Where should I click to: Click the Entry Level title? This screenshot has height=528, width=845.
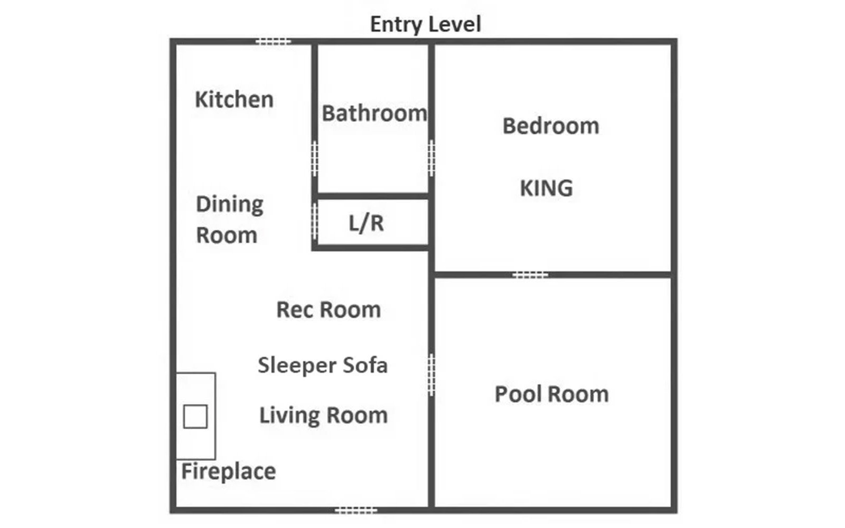426,24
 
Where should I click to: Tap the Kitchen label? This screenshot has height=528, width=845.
234,100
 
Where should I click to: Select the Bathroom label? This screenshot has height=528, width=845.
374,113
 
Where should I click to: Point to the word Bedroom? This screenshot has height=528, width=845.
551,126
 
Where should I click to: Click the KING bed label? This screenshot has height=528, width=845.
546,188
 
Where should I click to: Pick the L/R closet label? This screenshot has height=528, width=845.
367,223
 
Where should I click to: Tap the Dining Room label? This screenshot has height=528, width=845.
230,220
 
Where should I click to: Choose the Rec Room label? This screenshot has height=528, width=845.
328,309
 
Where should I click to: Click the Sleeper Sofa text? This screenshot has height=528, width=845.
323,365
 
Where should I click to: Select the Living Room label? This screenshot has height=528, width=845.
323,415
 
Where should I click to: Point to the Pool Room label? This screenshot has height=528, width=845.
551,394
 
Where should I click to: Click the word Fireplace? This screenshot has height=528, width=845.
229,472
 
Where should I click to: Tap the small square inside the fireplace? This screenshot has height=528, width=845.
195,417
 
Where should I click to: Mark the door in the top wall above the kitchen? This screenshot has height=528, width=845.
273,42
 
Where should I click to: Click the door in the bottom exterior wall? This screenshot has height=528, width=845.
356,510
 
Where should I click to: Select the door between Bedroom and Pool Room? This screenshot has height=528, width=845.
530,275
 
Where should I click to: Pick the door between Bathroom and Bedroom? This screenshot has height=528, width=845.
431,158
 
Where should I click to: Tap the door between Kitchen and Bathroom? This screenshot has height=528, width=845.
315,158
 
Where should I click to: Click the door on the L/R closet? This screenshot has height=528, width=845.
315,221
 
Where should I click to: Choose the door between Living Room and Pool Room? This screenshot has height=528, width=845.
431,375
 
